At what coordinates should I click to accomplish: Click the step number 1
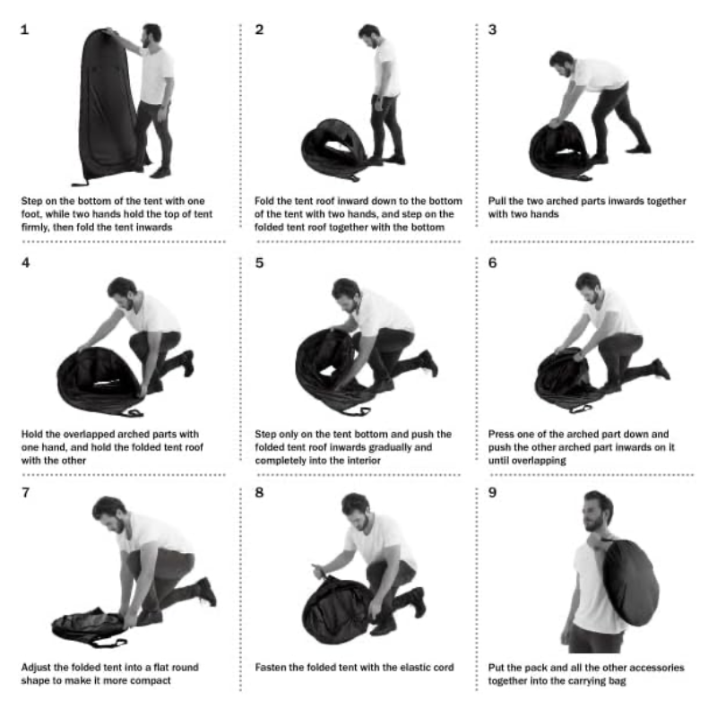click(x=25, y=30)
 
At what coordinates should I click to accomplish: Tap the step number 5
click(x=259, y=263)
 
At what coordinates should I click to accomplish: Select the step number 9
click(x=492, y=492)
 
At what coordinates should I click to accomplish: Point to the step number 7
click(x=26, y=492)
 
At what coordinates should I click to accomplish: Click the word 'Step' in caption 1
click(x=31, y=201)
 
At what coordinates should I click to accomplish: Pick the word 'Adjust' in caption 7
click(x=36, y=668)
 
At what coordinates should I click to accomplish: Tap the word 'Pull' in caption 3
click(x=497, y=201)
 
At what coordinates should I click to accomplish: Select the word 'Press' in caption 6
click(x=501, y=434)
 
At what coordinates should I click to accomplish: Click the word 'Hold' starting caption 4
click(x=31, y=434)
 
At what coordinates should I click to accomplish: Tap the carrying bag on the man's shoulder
click(x=630, y=582)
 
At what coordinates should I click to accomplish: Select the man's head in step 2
click(x=369, y=36)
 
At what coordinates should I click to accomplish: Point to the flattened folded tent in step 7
click(x=89, y=626)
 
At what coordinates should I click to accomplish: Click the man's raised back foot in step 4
click(x=188, y=363)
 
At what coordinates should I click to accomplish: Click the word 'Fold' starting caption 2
click(x=263, y=201)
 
